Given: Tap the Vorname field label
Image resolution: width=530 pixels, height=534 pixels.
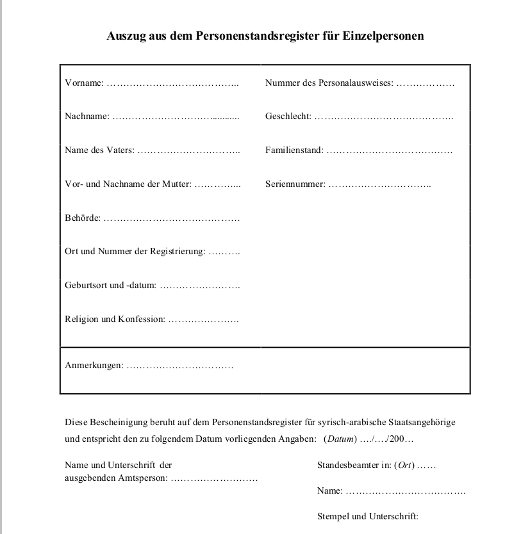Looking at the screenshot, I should (x=83, y=83).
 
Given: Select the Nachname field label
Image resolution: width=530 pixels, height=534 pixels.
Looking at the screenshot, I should (x=87, y=117).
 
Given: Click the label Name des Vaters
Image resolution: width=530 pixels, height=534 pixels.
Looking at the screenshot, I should (x=99, y=150).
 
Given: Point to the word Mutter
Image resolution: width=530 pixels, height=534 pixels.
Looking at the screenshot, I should (x=176, y=184).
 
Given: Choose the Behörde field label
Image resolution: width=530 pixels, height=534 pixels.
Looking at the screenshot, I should (x=82, y=218).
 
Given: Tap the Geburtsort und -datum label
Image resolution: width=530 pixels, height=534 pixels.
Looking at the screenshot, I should (x=110, y=286).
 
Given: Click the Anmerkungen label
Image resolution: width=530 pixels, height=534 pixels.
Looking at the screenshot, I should (x=94, y=366).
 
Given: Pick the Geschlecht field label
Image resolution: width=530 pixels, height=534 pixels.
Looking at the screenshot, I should (x=288, y=117).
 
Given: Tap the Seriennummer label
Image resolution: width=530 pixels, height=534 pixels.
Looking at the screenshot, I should (x=295, y=184).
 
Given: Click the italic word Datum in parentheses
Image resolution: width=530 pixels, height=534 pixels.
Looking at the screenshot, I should (x=341, y=439).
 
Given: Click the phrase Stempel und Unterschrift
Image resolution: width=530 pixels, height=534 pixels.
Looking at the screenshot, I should (x=367, y=516).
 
